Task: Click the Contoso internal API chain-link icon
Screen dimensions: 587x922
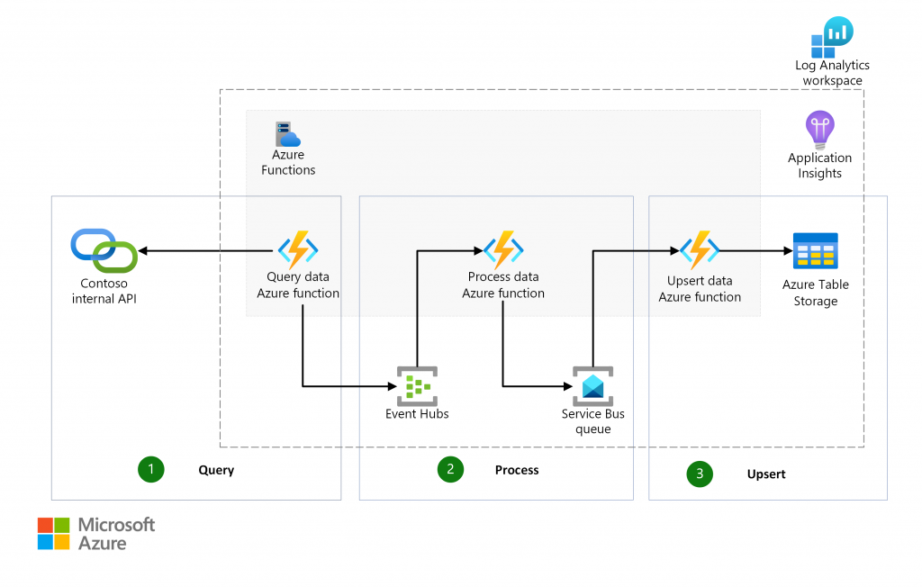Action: pos(104,250)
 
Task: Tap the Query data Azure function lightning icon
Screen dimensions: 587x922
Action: pos(297,250)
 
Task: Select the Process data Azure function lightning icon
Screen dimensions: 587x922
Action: pos(502,249)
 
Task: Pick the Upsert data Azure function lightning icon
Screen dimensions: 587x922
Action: pos(700,250)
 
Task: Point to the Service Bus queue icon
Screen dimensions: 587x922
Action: pos(592,385)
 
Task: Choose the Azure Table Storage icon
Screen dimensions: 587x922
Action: pos(815,251)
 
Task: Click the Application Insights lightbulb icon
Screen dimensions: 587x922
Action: pos(819,130)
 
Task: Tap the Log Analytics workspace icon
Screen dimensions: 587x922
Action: pos(832,37)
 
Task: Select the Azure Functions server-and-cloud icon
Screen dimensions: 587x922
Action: pos(287,134)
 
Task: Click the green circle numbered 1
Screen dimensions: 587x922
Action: pos(150,469)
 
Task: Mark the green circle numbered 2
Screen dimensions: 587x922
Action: pos(450,469)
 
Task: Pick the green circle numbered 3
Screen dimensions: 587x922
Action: pos(700,474)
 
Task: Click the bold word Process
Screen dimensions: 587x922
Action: pos(517,470)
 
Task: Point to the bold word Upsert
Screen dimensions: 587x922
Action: pos(766,474)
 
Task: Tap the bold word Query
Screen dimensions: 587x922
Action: pos(216,470)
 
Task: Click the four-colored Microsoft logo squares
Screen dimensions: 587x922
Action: pos(53,533)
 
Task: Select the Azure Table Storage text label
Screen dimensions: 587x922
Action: pos(815,293)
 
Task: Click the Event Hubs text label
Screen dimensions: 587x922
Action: pos(417,414)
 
